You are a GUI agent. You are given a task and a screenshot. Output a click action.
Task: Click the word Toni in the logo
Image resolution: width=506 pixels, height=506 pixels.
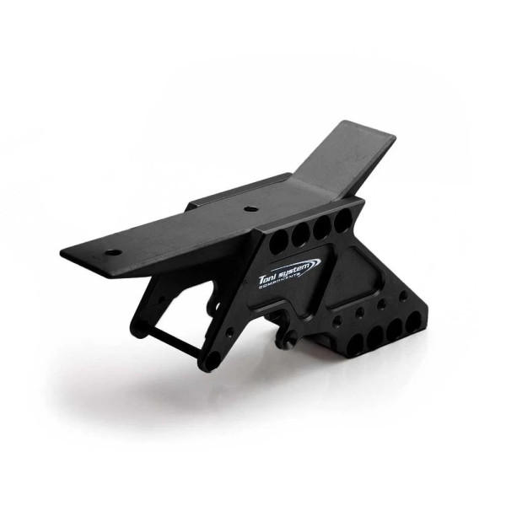(271, 275)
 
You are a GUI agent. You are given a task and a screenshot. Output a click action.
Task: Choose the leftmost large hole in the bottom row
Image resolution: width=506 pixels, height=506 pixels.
(356, 342)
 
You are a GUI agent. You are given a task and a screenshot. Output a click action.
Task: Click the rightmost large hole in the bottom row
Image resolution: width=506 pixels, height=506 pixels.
(416, 316)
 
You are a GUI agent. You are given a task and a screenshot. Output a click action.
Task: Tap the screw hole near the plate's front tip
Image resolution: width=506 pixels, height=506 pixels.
(111, 251)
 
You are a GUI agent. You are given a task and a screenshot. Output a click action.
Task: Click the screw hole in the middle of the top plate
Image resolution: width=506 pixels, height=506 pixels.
(250, 207)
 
